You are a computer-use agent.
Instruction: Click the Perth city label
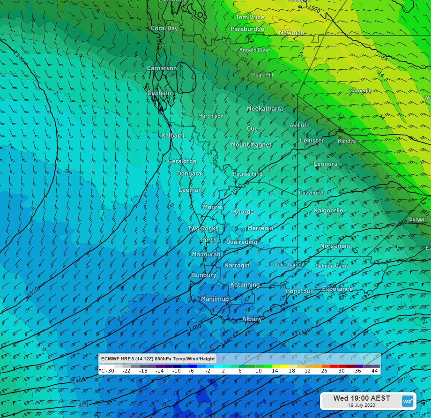pos(208,240)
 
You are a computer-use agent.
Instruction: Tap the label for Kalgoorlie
pos(328,210)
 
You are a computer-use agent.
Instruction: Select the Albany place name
pos(252,319)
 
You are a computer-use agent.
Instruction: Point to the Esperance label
pos(337,289)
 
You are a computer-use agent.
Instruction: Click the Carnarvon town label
pos(162,68)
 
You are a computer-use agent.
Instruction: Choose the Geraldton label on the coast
pos(182,161)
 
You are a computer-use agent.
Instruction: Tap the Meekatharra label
pos(265,109)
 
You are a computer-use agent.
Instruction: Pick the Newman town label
pos(291,33)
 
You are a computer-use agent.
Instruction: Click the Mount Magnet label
pos(251,145)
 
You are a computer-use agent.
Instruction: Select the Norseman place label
pos(335,246)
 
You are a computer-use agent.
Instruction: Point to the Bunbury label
pos(204,276)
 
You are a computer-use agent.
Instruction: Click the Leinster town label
pos(312,141)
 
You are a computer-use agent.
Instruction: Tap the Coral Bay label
pos(164,29)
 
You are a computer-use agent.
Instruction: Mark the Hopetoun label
pos(300,291)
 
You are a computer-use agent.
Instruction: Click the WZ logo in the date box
pos(408,401)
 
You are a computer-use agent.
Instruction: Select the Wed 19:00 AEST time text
pos(361,398)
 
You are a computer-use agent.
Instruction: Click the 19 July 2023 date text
pos(361,405)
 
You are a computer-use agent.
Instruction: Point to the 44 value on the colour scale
pos(375,371)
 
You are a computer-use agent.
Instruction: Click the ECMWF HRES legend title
pos(158,359)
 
